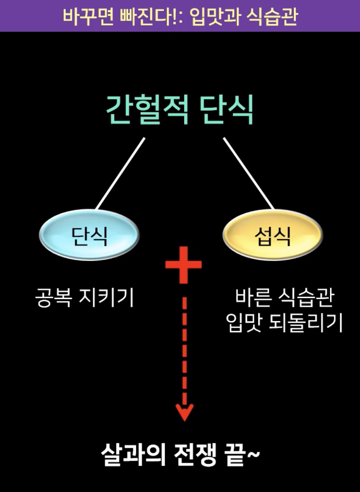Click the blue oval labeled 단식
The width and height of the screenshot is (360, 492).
(x=89, y=235)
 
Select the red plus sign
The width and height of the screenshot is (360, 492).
(x=183, y=265)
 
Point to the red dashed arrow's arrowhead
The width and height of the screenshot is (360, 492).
(x=184, y=412)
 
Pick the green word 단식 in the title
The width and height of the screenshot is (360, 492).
(x=226, y=110)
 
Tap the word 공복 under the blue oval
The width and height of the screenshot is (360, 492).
(x=53, y=298)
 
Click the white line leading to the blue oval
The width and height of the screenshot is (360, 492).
(x=120, y=174)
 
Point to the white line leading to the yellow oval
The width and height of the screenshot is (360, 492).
(x=248, y=174)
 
